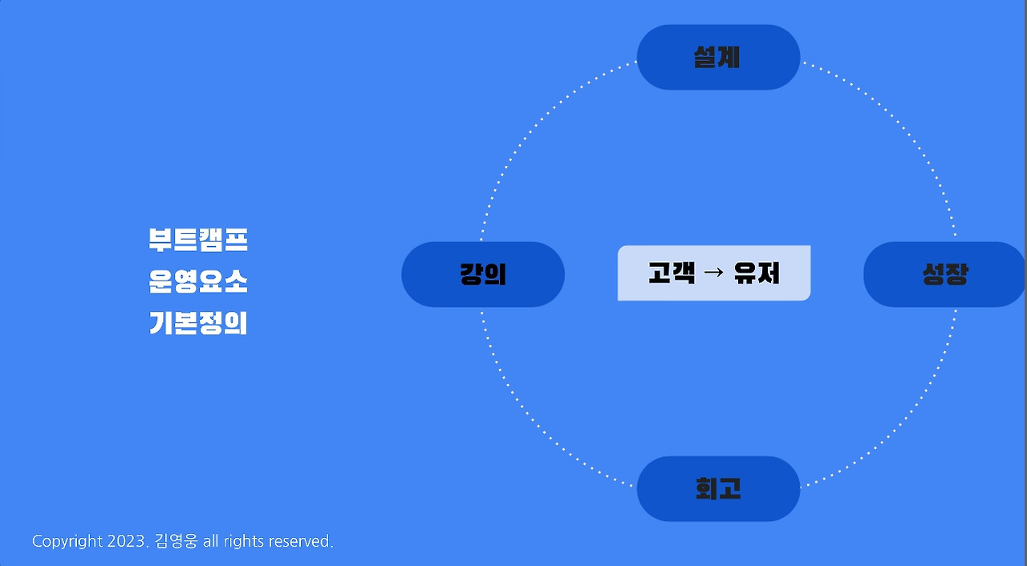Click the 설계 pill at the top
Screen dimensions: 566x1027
point(718,57)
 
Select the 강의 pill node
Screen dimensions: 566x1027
point(483,274)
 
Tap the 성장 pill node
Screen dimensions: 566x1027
point(944,274)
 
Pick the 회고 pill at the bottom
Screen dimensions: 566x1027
point(718,488)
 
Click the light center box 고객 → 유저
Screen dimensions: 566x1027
point(713,273)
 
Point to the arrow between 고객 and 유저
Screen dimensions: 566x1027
point(713,273)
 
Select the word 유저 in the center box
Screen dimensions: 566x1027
point(757,273)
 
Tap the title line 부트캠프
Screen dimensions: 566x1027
point(198,240)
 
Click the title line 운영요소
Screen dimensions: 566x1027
point(198,281)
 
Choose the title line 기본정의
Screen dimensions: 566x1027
point(198,323)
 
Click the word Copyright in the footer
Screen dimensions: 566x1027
point(67,542)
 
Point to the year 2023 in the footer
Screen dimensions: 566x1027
point(128,542)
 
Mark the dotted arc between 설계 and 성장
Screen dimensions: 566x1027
point(887,106)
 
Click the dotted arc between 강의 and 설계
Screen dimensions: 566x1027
point(550,106)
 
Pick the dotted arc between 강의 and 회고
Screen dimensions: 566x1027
point(550,440)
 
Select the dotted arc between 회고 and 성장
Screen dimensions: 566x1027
point(887,440)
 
